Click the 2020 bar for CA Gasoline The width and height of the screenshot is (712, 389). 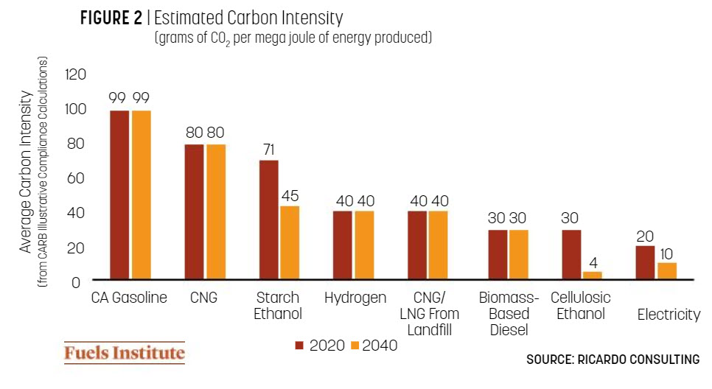(119, 195)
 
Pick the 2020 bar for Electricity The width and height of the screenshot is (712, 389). (646, 263)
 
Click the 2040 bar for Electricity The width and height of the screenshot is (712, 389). (667, 271)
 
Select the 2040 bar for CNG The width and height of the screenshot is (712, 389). (216, 212)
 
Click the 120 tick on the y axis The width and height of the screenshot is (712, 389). (76, 74)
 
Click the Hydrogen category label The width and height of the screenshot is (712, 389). (355, 298)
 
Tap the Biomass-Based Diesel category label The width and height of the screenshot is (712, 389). (509, 314)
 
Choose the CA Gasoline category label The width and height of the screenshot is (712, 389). (129, 298)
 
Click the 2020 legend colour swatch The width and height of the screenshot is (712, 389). (300, 346)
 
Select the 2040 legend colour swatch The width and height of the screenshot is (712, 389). (353, 346)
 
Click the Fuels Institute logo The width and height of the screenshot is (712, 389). (124, 353)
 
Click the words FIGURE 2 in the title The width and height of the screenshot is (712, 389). (111, 18)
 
